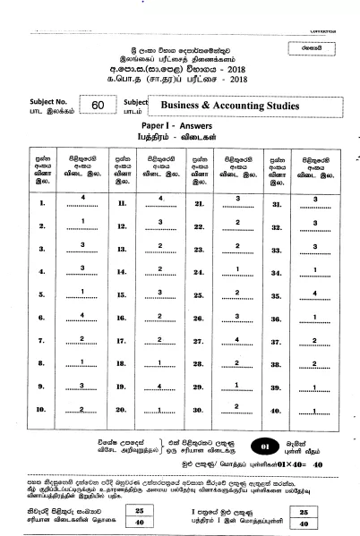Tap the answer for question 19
point(159,386)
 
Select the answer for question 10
point(81,408)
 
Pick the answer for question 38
point(315,362)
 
